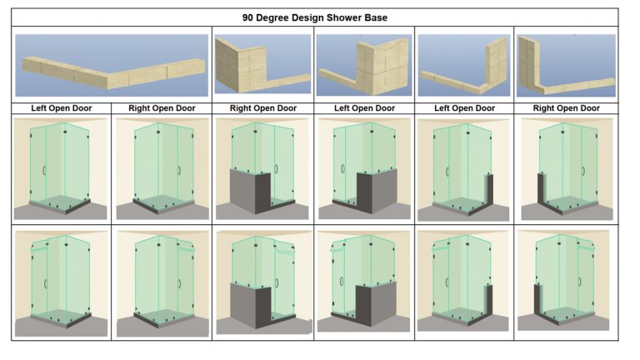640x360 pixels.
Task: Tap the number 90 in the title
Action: click(247, 18)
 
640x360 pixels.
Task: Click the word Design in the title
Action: click(307, 18)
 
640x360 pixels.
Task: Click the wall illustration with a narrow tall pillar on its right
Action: click(464, 65)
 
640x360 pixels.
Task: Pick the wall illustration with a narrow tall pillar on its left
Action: click(566, 65)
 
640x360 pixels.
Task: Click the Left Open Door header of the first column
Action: click(61, 108)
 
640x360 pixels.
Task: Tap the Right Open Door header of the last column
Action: click(566, 108)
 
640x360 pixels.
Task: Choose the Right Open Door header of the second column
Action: click(162, 108)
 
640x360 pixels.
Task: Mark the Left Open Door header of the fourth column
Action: click(364, 108)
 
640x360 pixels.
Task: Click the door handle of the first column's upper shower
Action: click(44, 170)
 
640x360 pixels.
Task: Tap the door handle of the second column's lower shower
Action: click(179, 282)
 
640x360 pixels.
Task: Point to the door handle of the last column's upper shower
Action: click(583, 171)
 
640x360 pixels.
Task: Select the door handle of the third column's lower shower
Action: click(277, 282)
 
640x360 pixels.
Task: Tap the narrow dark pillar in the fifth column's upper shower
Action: click(489, 189)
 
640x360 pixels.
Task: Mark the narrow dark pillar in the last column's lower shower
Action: click(538, 299)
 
